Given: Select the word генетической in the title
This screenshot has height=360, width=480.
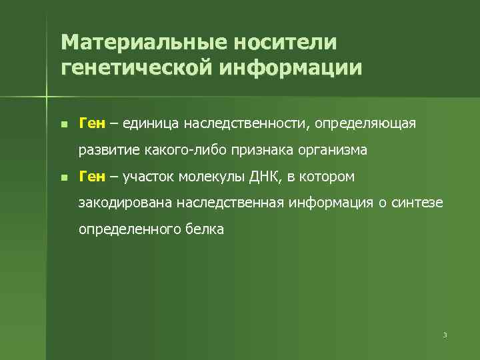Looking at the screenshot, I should point(131,68).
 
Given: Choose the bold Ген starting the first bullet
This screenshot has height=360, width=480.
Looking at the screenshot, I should point(92,123).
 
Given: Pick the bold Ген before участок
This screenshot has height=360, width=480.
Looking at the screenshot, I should point(92,177).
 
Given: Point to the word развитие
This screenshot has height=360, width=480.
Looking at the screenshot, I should point(106,150).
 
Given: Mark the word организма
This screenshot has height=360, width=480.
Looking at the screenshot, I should point(331,150).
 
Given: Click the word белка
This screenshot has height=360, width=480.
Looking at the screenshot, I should point(208,230).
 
